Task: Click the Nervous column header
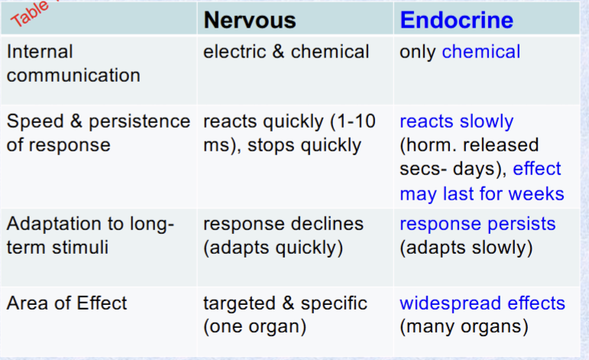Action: [249, 20]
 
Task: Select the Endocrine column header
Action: [456, 20]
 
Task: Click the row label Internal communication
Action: [73, 63]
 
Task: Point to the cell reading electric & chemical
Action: [286, 52]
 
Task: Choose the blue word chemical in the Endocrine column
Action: [481, 52]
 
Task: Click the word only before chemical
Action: [418, 52]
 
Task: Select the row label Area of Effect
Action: [67, 303]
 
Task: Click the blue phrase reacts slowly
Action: [456, 122]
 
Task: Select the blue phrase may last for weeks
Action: [481, 193]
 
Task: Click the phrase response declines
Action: [283, 225]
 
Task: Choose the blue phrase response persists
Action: [477, 225]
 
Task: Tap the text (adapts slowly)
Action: [466, 248]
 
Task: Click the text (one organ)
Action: [254, 327]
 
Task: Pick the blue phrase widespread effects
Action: [482, 303]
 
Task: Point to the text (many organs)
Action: [464, 327]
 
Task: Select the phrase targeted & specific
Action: [285, 303]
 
